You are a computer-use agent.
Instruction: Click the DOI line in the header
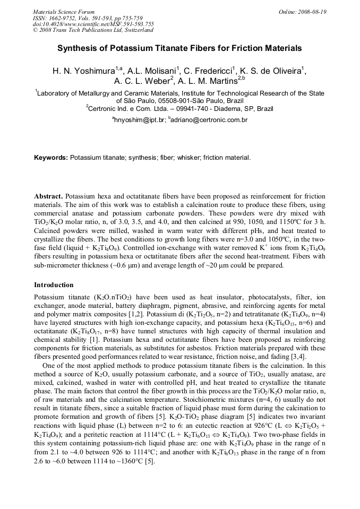(x=93, y=24)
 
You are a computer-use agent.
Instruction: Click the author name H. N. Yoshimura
(x=83, y=71)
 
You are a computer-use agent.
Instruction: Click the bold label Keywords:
(x=51, y=158)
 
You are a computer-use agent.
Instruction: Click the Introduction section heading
(x=54, y=285)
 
